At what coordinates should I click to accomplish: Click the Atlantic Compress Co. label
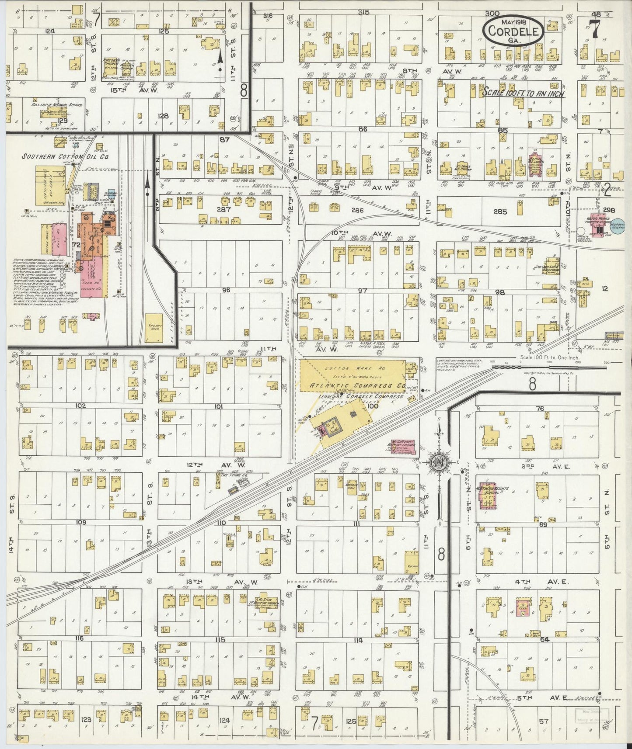click(357, 385)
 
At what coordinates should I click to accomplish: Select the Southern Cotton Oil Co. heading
click(66, 156)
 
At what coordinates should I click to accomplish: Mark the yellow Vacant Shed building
click(154, 328)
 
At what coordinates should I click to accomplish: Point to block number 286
click(357, 210)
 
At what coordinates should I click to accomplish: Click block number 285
click(499, 212)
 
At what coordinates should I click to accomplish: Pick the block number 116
click(79, 638)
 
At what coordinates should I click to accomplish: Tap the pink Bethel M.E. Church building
click(534, 165)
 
